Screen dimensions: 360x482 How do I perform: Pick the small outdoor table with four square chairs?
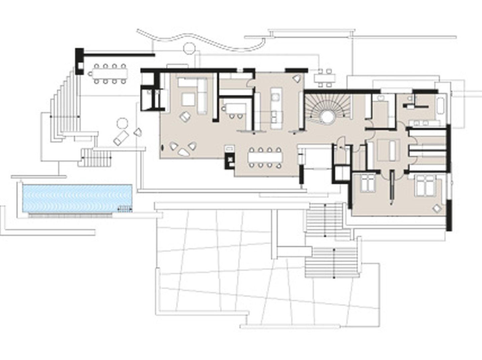[x=325, y=78]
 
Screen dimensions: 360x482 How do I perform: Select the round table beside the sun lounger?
[x=122, y=123]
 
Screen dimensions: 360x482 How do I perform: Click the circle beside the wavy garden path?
[x=188, y=48]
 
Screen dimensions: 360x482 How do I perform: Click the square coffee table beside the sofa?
[x=188, y=99]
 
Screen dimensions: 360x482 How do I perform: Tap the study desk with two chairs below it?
[x=235, y=108]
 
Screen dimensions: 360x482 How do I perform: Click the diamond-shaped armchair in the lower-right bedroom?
[x=437, y=209]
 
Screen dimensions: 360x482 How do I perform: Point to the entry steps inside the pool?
[x=124, y=209]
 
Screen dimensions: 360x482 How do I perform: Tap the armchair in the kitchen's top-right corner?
[x=297, y=79]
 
